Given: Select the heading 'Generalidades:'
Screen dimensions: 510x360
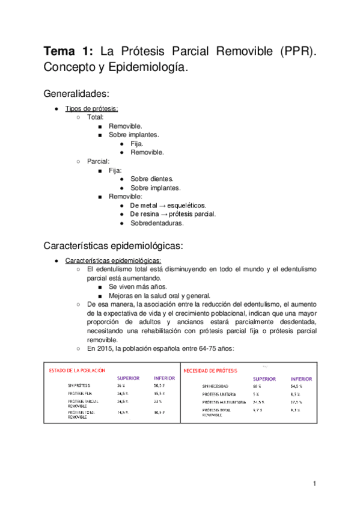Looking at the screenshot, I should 76,94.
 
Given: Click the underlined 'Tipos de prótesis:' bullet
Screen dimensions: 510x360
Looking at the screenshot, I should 91,109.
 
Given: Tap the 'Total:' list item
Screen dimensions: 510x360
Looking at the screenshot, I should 96,118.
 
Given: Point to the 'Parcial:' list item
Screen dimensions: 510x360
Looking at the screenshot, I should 98,161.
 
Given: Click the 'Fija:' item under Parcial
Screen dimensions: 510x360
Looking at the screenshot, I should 115,170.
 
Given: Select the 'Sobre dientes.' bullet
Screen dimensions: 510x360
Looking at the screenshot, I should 151,179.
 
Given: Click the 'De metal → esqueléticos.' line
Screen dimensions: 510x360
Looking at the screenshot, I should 168,205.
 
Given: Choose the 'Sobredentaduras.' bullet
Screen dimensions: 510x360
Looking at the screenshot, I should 157,223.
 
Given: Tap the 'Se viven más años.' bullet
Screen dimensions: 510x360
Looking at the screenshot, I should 138,287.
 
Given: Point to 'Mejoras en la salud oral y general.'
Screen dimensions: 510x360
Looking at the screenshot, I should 160,296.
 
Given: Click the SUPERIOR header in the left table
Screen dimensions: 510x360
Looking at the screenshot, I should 128,378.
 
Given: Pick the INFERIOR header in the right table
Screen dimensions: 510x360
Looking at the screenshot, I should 301,379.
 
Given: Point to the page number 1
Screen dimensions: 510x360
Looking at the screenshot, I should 314,484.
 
